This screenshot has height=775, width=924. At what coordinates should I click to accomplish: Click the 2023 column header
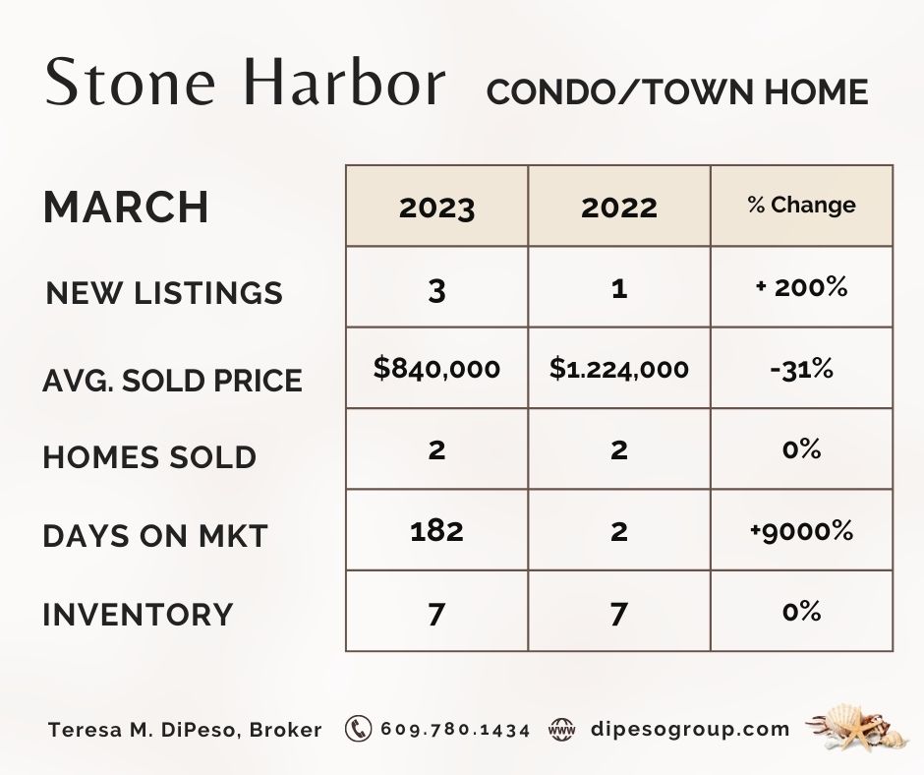pyautogui.click(x=436, y=208)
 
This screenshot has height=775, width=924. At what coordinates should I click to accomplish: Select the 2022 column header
pyautogui.click(x=618, y=208)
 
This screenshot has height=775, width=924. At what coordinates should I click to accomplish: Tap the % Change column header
pyautogui.click(x=801, y=206)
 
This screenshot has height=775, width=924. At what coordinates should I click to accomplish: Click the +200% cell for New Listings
pyautogui.click(x=801, y=288)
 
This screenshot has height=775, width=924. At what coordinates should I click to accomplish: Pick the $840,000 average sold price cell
pyautogui.click(x=436, y=369)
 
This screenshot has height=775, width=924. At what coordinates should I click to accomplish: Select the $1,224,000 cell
pyautogui.click(x=618, y=369)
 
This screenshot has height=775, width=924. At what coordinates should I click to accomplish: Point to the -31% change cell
pyautogui.click(x=801, y=369)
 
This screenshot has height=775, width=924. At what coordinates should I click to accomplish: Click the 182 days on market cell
pyautogui.click(x=436, y=531)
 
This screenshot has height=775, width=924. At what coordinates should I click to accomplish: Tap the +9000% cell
pyautogui.click(x=801, y=531)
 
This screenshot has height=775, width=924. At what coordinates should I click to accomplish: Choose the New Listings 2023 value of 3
pyautogui.click(x=436, y=290)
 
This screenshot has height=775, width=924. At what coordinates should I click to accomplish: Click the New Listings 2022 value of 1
pyautogui.click(x=618, y=289)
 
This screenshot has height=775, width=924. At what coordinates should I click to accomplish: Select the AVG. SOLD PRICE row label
pyautogui.click(x=172, y=381)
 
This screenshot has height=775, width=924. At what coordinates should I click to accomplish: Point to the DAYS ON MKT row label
pyautogui.click(x=155, y=536)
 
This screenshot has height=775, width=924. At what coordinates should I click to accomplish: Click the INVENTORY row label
pyautogui.click(x=138, y=614)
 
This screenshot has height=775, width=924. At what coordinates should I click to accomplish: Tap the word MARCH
pyautogui.click(x=126, y=207)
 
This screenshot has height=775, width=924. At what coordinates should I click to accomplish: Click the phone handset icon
pyautogui.click(x=358, y=729)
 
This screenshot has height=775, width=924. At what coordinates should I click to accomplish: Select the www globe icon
pyautogui.click(x=561, y=730)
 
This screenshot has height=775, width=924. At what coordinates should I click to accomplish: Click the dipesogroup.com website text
pyautogui.click(x=690, y=730)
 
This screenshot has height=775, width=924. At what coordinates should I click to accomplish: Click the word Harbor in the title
pyautogui.click(x=344, y=82)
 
